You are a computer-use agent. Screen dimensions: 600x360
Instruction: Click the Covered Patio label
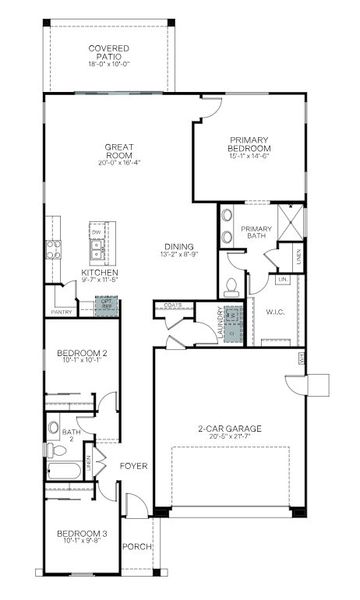click(x=109, y=52)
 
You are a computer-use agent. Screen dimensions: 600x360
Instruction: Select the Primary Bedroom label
click(x=249, y=144)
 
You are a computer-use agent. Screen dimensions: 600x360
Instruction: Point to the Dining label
click(x=180, y=247)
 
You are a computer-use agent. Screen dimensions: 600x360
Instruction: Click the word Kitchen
click(x=100, y=272)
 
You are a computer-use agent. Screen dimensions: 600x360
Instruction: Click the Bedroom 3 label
click(x=81, y=533)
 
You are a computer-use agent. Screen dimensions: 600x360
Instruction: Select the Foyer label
click(x=134, y=466)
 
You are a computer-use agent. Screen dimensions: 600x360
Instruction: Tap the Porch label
click(x=136, y=547)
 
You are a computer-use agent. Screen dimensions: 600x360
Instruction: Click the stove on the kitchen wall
click(x=53, y=249)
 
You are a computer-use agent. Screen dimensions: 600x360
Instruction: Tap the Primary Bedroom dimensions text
click(x=249, y=156)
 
